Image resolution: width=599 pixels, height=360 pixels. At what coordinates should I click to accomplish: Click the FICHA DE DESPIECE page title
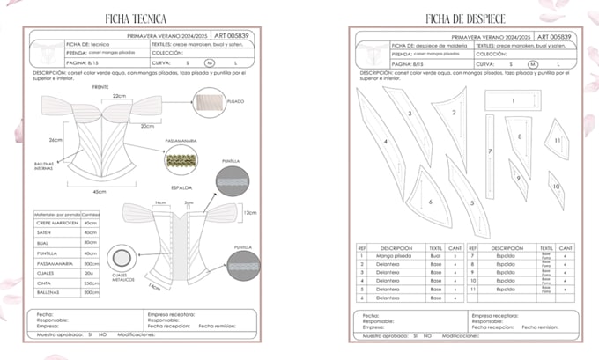(458, 18)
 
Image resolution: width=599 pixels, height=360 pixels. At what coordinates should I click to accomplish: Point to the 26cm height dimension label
(55, 139)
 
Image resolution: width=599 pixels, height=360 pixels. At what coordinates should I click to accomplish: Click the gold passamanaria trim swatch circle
(183, 161)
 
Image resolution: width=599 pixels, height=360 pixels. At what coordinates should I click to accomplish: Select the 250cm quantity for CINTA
(88, 283)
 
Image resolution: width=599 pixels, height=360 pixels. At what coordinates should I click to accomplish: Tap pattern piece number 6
(429, 202)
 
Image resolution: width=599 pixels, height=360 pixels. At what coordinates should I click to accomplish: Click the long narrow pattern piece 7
(490, 152)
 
